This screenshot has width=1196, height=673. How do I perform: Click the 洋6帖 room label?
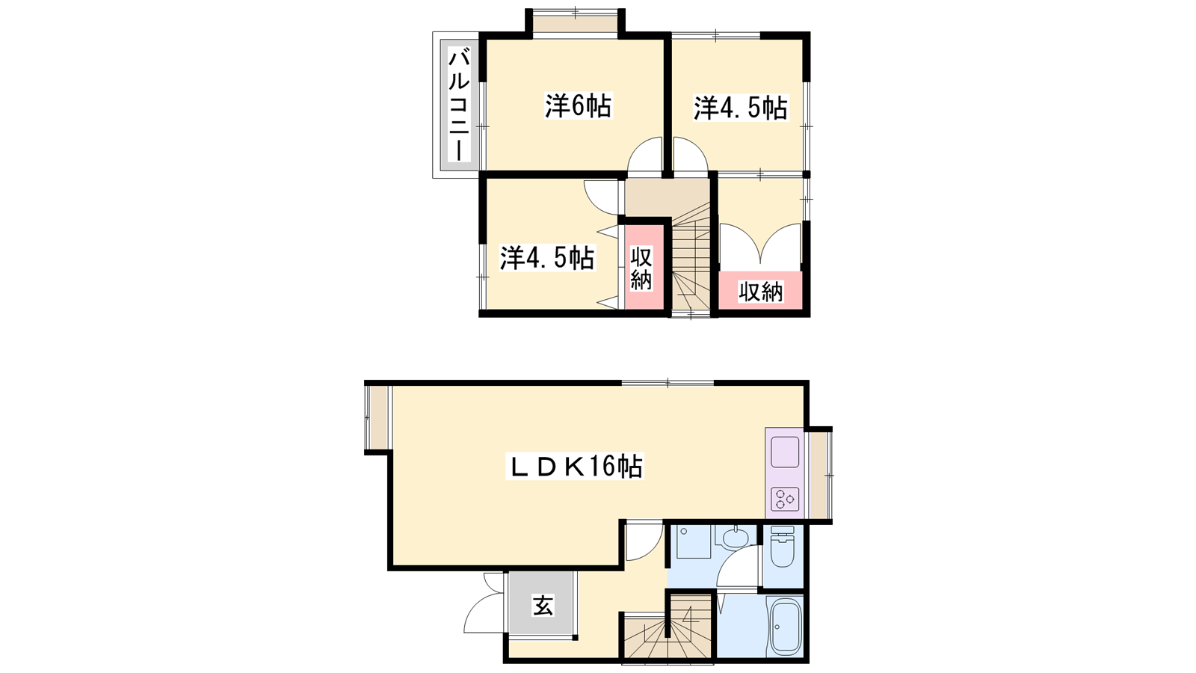point(579,105)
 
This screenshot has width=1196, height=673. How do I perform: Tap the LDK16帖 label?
point(575,467)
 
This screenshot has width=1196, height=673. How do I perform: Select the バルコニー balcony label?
point(459,105)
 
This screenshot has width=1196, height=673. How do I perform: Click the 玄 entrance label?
point(543,606)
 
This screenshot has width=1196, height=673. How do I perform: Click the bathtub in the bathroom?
point(785,626)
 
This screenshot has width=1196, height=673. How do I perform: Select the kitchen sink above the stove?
point(785,452)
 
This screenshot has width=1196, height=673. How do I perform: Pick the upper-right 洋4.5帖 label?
point(741,108)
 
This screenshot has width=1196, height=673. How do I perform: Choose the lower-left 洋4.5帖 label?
point(547,258)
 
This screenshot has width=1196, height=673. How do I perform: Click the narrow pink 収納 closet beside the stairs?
point(644,268)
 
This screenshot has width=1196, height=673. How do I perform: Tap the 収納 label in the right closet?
point(760,292)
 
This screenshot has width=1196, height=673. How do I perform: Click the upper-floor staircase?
point(691,259)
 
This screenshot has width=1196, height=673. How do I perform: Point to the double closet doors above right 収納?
point(760,244)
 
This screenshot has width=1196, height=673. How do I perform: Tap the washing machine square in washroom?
point(693,541)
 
